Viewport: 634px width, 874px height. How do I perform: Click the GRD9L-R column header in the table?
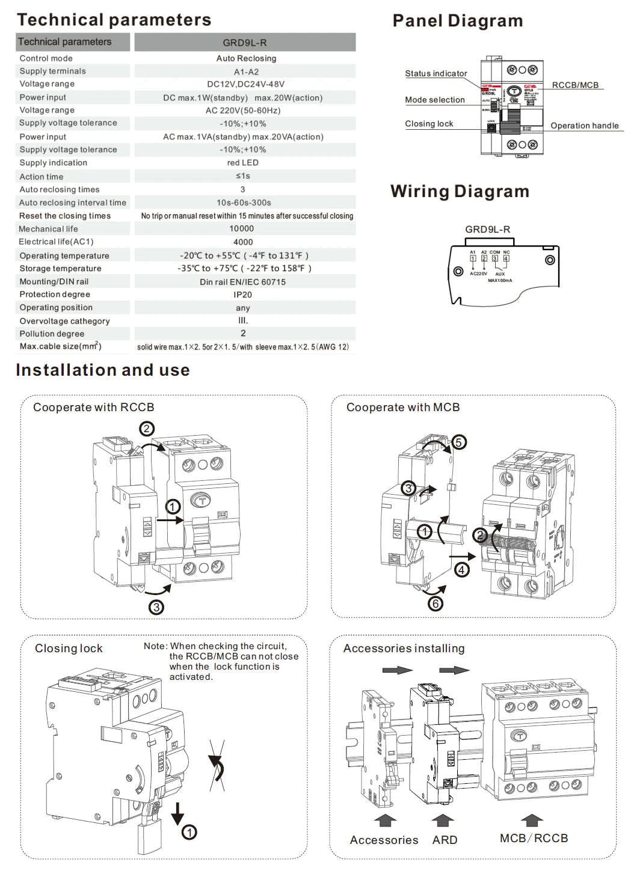245,43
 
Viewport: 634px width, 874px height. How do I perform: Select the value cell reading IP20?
243,295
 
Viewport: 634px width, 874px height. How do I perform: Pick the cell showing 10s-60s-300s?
244,203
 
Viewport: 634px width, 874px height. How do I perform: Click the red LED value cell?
243,163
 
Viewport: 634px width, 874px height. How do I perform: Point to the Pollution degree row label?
52,334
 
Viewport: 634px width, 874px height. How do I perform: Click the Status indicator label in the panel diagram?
435,73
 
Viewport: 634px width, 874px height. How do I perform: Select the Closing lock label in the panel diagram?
429,124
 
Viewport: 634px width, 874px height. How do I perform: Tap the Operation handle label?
585,126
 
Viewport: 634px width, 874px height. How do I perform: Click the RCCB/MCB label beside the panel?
575,85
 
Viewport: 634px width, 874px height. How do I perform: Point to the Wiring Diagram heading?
460,192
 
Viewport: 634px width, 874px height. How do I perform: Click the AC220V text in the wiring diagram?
478,274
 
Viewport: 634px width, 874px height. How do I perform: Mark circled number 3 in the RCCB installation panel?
156,607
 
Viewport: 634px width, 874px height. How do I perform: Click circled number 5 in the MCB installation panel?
458,442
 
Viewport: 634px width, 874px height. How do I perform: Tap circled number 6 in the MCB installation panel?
435,603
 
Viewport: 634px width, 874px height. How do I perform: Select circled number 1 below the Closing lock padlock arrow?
189,833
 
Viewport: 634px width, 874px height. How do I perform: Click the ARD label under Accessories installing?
445,840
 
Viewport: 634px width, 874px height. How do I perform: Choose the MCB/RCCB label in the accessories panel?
534,838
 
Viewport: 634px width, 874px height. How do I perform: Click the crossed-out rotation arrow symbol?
217,765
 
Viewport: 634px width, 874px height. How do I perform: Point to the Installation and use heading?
103,370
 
